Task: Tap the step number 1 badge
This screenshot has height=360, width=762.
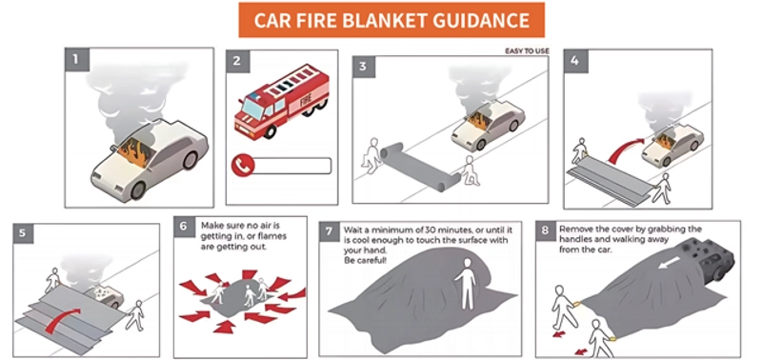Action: tap(76, 59)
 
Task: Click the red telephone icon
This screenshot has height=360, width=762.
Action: tap(243, 166)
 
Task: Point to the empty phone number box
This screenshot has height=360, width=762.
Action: tap(293, 166)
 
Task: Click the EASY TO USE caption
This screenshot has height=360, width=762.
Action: tap(527, 51)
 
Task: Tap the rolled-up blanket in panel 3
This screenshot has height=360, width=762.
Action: tap(421, 165)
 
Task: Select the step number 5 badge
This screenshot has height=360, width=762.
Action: tap(23, 233)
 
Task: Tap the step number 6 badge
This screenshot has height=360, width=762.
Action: tap(184, 227)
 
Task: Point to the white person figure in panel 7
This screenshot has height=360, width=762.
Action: tap(465, 283)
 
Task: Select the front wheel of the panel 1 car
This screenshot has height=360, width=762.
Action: tap(138, 190)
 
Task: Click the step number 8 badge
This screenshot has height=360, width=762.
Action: tap(546, 230)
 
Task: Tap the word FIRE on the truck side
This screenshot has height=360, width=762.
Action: tap(305, 103)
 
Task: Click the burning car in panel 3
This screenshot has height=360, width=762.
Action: tap(488, 126)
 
